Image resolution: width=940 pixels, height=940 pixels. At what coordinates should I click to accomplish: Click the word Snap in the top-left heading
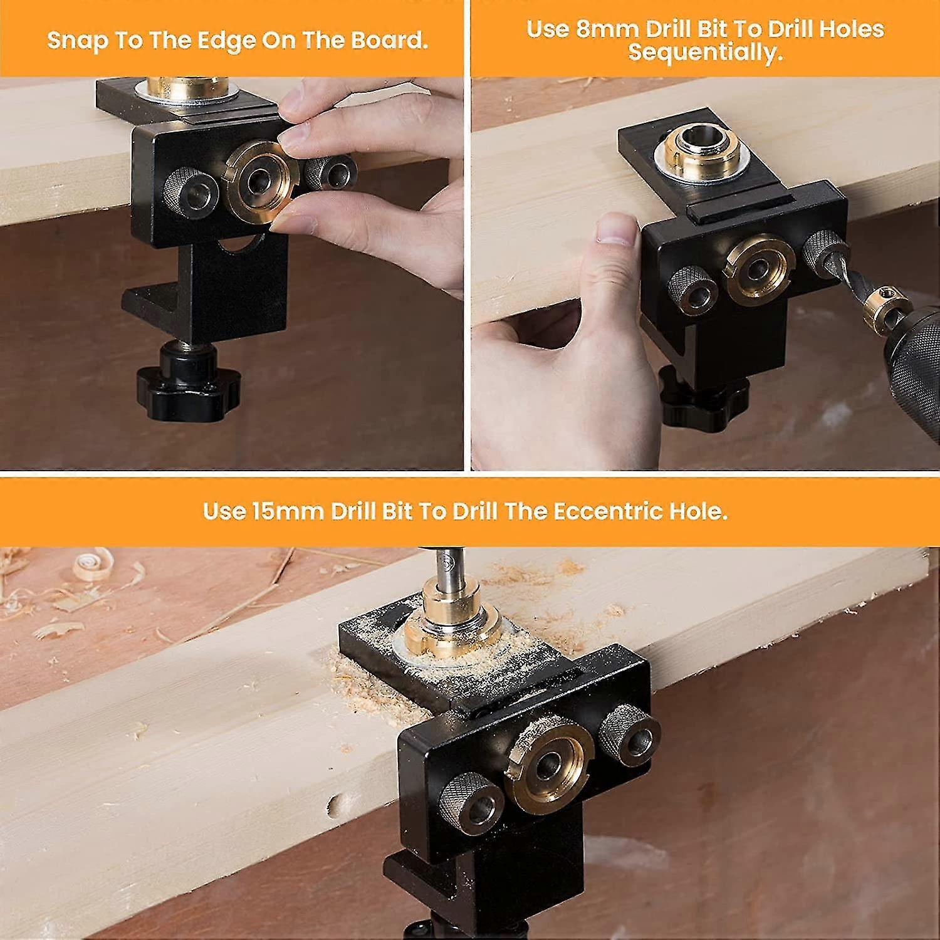[78, 41]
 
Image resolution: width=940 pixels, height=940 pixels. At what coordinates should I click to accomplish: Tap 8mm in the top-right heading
[603, 29]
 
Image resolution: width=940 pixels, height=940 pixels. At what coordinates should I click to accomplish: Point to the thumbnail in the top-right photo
[616, 231]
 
